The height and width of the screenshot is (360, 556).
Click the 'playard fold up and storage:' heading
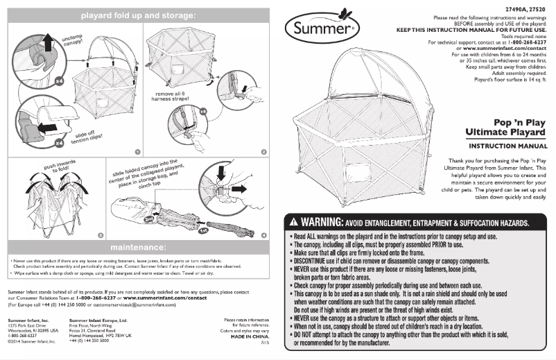(138, 15)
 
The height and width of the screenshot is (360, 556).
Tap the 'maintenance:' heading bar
(138, 247)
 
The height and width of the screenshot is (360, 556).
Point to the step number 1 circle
(137, 151)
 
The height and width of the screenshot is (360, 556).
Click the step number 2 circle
(263, 151)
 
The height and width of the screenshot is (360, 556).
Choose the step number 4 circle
(263, 235)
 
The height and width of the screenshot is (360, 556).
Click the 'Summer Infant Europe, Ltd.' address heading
(98, 320)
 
